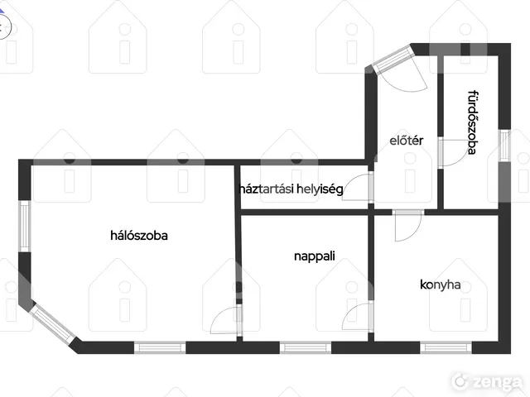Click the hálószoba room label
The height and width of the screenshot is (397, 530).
(x=139, y=235)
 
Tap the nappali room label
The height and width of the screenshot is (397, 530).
(x=315, y=256)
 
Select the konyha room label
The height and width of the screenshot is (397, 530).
(x=440, y=285)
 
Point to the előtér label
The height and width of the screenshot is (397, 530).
(x=406, y=141)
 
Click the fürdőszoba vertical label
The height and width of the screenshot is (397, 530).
(x=472, y=122)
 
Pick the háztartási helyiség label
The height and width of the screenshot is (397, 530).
(x=291, y=189)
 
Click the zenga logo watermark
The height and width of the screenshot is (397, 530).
(x=488, y=381)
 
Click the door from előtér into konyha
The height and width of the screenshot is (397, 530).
(x=408, y=225)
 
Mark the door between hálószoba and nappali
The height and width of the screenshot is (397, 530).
(x=226, y=320)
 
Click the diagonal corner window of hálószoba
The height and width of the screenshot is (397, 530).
(x=53, y=323)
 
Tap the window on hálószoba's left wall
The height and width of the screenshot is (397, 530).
(x=25, y=226)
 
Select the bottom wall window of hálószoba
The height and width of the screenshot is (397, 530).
(x=160, y=347)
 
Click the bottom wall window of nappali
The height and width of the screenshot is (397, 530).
(x=306, y=347)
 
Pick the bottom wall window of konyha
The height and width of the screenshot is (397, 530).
(x=446, y=347)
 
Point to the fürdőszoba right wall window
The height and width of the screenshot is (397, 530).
(x=504, y=146)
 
